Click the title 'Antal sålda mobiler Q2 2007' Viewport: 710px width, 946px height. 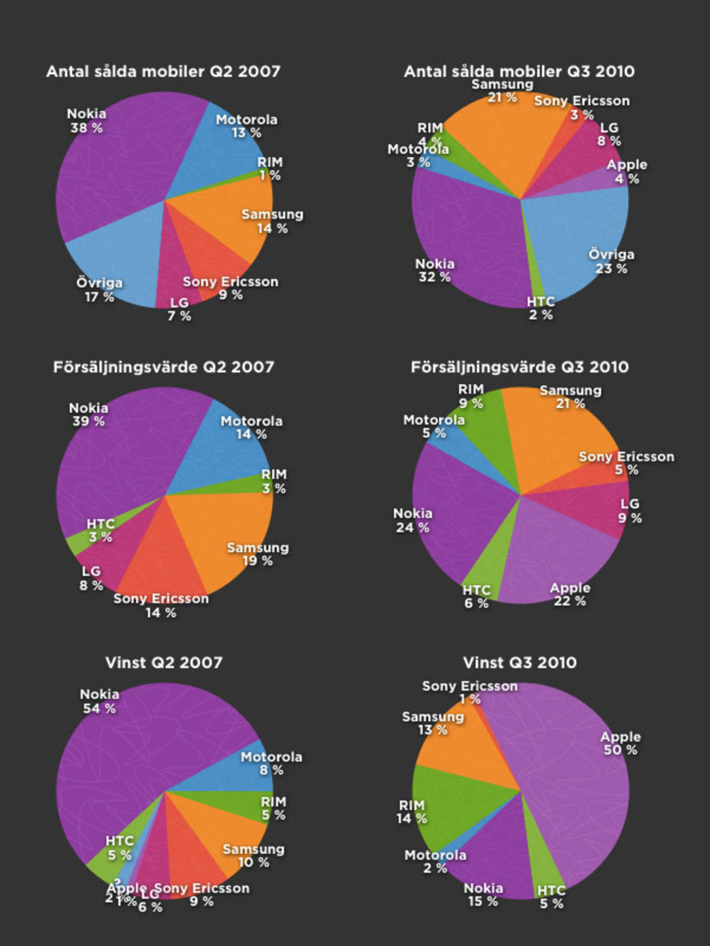coord(163,71)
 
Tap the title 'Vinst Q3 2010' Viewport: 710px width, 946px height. coord(520,663)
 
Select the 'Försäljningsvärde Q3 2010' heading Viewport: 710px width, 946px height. coord(520,367)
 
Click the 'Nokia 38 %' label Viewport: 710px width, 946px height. coord(87,121)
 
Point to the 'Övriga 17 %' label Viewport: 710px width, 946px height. coord(99,290)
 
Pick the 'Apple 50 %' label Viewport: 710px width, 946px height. coord(620,744)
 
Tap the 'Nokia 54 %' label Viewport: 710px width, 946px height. coord(99,702)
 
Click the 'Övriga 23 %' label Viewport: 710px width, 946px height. coord(611,262)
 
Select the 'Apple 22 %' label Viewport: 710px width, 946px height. coord(570,595)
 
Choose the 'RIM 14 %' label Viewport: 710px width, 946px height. coord(412,812)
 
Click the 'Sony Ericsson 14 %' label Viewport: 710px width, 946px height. coord(161,606)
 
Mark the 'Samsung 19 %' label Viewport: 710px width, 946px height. coord(258,554)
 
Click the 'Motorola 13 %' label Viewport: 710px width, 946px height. coord(246,126)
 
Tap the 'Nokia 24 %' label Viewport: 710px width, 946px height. coord(413,521)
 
